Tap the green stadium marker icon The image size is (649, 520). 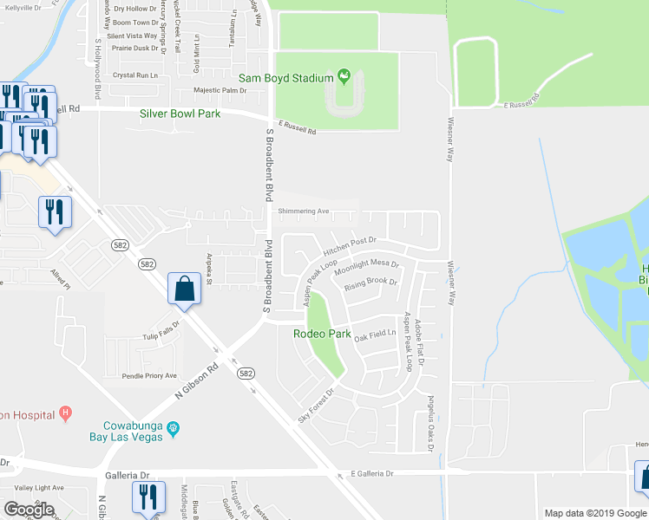344,76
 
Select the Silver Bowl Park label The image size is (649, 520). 180,114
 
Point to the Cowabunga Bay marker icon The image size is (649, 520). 173,427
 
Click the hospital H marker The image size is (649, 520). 64,413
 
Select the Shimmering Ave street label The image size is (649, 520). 304,211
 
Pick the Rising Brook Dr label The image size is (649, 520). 370,283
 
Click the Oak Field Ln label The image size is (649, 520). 375,335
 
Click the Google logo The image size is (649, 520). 29,510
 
